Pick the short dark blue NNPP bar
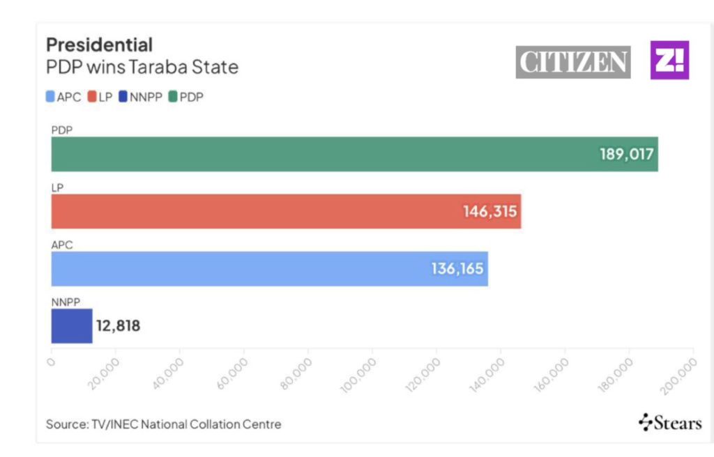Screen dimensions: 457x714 [x=71, y=326]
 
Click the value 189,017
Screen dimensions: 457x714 [x=627, y=154]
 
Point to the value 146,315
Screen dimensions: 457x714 [x=490, y=211]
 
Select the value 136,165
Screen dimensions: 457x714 [x=457, y=269]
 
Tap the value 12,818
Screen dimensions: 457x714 [x=117, y=326]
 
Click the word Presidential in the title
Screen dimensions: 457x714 [x=99, y=45]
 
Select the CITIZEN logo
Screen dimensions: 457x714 [x=573, y=62]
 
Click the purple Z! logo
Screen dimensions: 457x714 [x=669, y=60]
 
